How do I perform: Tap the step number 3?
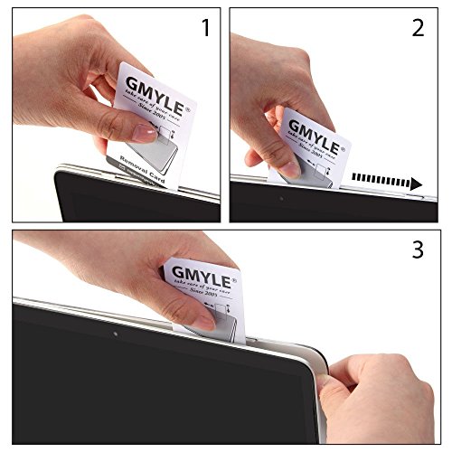(418, 250)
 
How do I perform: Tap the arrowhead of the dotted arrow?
(416, 184)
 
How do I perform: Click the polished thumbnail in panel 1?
(142, 133)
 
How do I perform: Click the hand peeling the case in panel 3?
(380, 389)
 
